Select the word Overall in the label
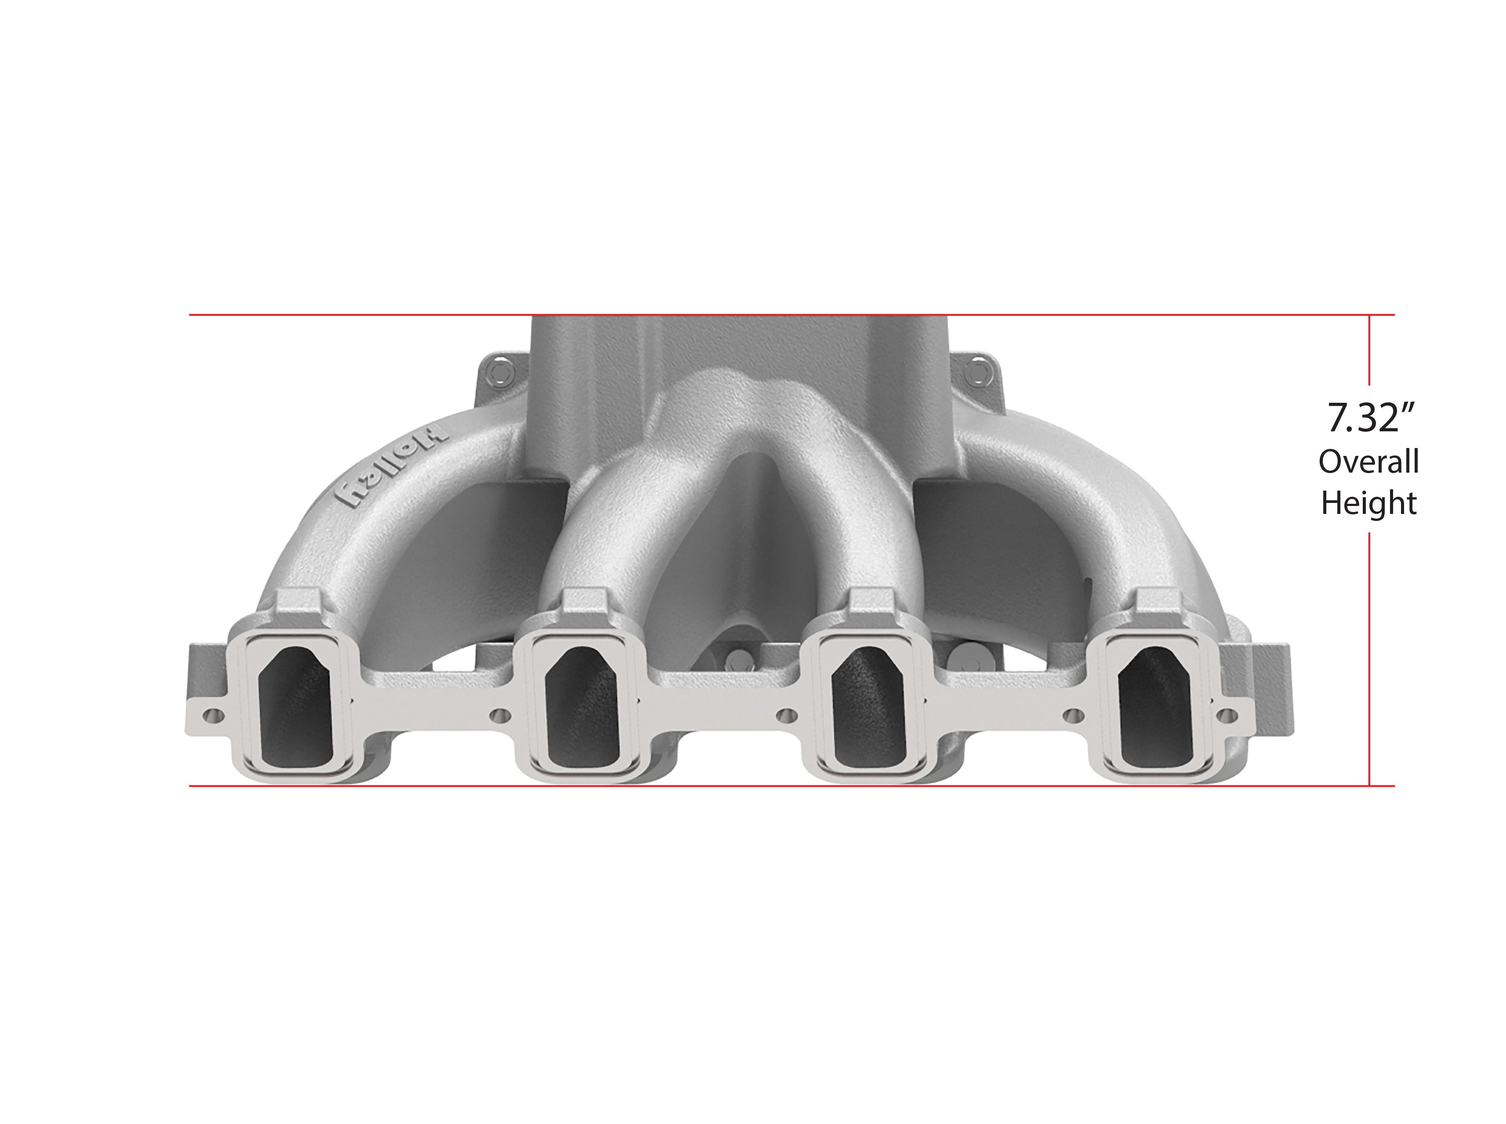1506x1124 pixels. [1368, 463]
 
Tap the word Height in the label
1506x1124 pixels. [1368, 503]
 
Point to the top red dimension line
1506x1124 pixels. [749, 315]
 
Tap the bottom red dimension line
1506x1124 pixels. [749, 786]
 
